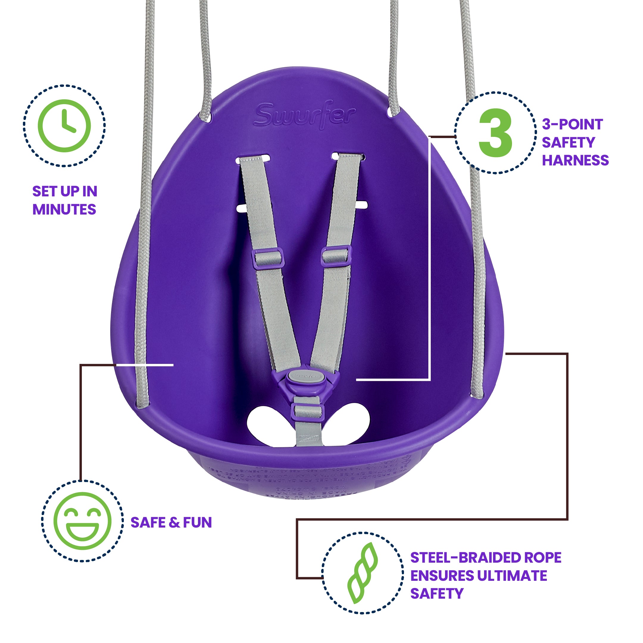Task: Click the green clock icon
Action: click(x=64, y=126)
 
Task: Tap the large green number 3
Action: click(x=495, y=133)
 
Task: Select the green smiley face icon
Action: click(x=82, y=521)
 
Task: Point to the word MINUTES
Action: click(x=64, y=209)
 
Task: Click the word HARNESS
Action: click(x=575, y=160)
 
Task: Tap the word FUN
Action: click(x=197, y=522)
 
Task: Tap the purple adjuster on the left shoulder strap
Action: click(x=267, y=257)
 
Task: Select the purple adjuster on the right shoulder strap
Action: click(x=336, y=256)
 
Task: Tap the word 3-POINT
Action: click(x=572, y=124)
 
